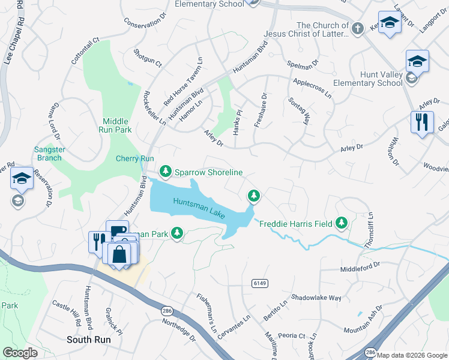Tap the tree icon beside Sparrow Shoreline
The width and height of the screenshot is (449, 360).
(x=166, y=172)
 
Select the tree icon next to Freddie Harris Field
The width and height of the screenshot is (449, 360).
(x=342, y=224)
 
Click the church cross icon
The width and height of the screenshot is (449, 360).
(x=357, y=28)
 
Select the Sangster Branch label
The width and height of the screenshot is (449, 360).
(x=47, y=153)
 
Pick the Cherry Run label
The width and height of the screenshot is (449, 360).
(x=134, y=158)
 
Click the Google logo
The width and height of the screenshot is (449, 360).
(x=20, y=352)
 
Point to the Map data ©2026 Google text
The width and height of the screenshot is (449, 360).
(x=412, y=355)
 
